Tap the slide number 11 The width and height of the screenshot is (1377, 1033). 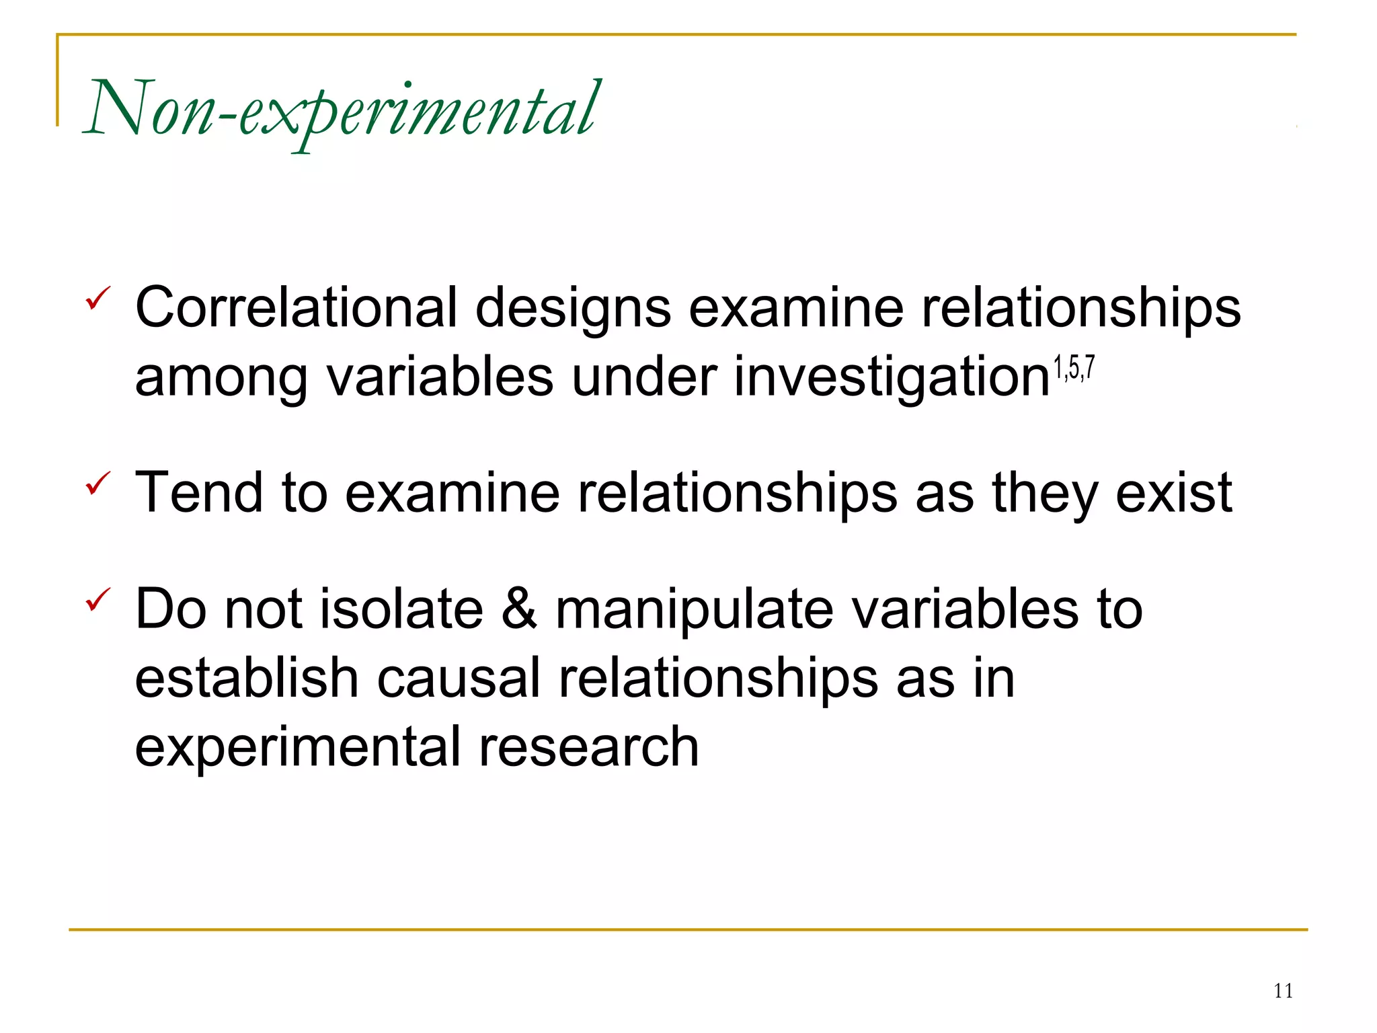[1283, 991]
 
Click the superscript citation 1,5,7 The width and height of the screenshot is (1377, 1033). [1074, 369]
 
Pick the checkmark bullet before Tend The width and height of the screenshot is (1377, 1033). [97, 483]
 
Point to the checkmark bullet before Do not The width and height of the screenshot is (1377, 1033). [97, 599]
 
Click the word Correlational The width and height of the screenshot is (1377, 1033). [297, 308]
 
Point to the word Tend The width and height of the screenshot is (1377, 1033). [199, 492]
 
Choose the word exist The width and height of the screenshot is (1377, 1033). [1174, 492]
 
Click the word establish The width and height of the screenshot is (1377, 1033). [247, 678]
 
